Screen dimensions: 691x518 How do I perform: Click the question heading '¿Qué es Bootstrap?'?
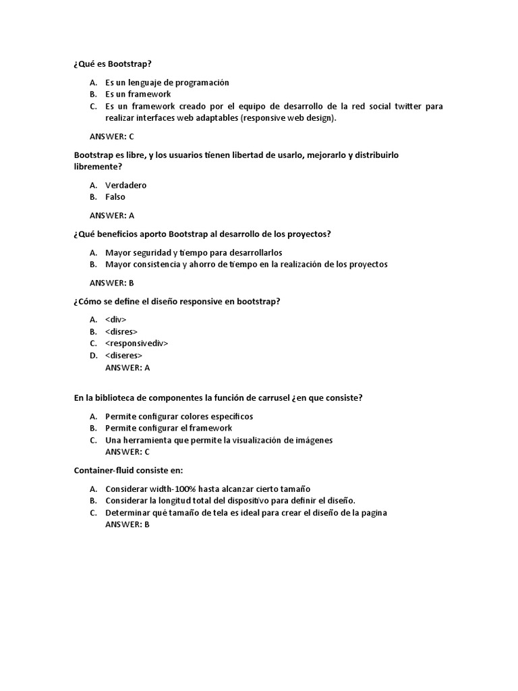113,63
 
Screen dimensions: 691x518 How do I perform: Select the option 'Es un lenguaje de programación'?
167,82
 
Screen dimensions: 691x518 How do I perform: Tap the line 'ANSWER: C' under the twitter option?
112,136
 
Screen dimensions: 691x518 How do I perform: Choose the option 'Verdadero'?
126,185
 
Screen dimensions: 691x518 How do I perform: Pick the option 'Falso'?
115,197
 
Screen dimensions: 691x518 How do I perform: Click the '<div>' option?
116,319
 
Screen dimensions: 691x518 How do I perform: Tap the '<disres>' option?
121,331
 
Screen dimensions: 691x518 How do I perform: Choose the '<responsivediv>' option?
137,343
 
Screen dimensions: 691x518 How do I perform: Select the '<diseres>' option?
124,356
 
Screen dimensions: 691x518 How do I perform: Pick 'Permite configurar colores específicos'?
179,416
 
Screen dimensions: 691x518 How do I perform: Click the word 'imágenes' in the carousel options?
314,440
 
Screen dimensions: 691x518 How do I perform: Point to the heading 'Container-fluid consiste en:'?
128,470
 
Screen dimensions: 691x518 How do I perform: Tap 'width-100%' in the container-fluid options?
175,489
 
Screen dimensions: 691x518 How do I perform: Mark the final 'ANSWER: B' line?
127,524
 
